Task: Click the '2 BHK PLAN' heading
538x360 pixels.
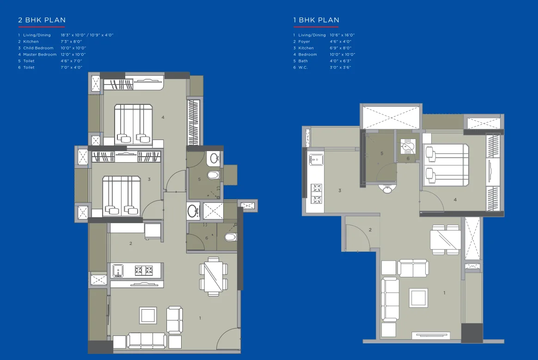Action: [42, 20]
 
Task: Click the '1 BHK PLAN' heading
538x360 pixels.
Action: [316, 20]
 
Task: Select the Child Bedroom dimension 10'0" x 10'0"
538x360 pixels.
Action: [73, 48]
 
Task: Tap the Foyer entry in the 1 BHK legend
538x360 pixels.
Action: [304, 42]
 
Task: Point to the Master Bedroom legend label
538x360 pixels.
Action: [40, 55]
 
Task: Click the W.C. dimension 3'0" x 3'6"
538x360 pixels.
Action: [341, 67]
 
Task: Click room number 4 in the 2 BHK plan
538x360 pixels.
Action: [163, 117]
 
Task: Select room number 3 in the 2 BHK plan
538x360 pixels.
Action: [149, 179]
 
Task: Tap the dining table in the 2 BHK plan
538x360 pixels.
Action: [213, 276]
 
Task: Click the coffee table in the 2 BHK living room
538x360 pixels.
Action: [148, 316]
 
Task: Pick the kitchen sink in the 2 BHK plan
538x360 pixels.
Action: [117, 270]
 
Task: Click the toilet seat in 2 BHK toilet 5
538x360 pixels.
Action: [213, 175]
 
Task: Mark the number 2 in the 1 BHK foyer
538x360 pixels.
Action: [370, 230]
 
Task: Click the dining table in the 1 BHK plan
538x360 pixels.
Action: [445, 240]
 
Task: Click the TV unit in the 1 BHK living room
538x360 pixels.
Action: [431, 336]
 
